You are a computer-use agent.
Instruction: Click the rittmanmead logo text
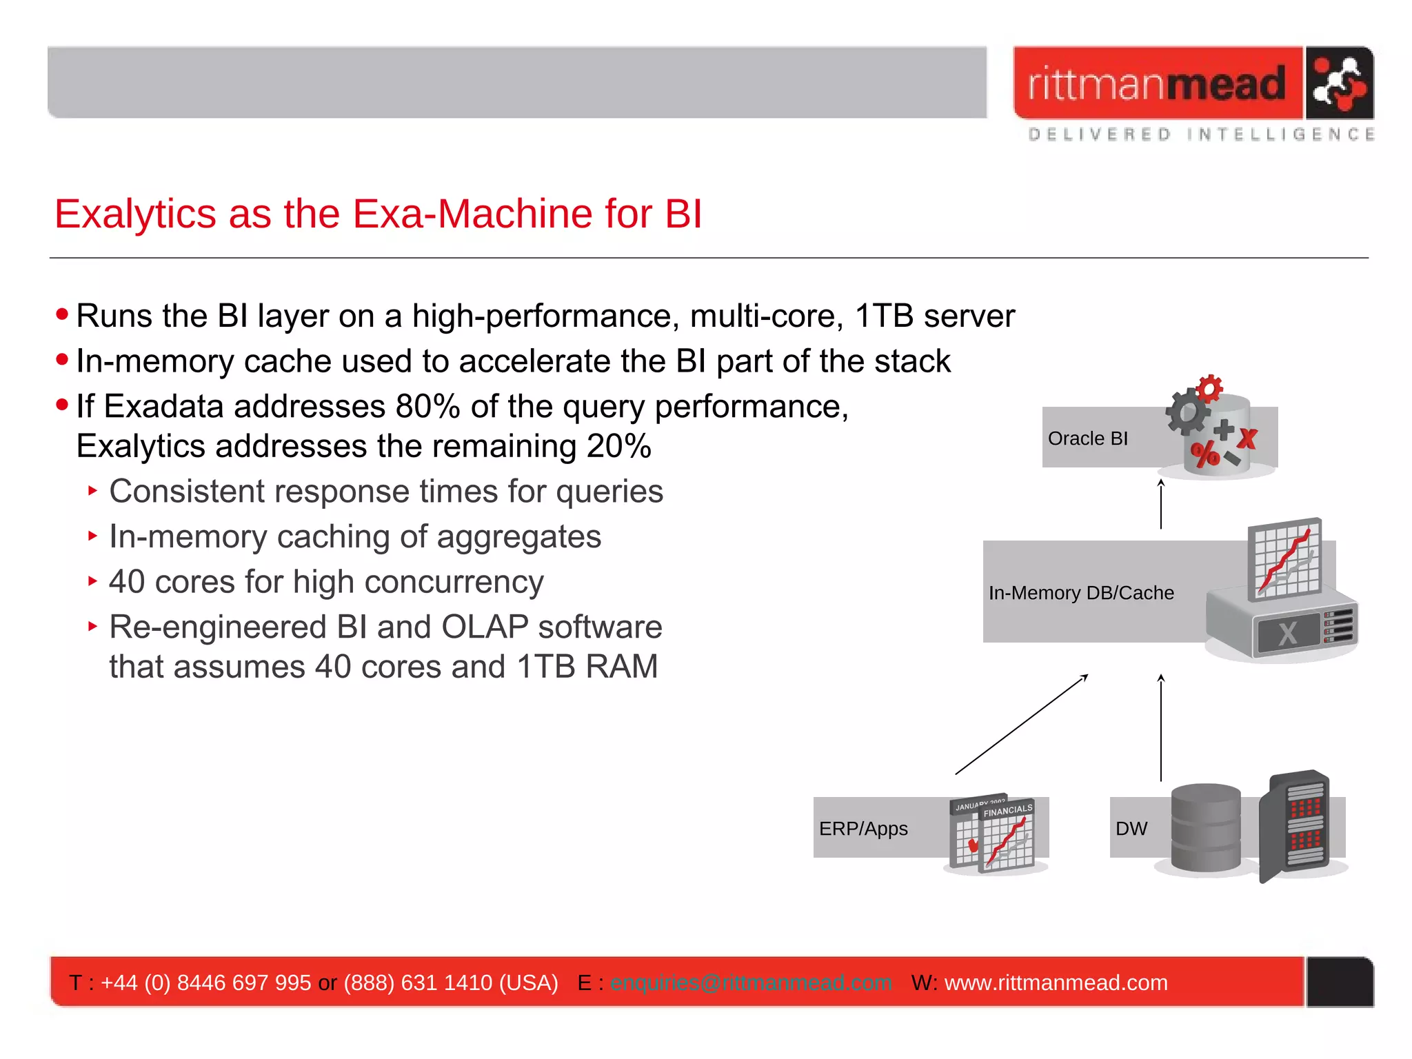(1157, 84)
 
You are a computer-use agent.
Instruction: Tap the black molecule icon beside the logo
(1338, 83)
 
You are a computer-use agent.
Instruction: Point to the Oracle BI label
(1087, 438)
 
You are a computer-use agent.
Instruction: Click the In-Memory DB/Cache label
(1080, 593)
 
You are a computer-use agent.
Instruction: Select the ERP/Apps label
(863, 828)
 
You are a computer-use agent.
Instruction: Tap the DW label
(1131, 828)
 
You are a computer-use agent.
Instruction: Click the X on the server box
(1287, 633)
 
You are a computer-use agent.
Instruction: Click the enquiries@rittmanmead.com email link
(750, 982)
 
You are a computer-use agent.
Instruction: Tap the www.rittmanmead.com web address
(1056, 982)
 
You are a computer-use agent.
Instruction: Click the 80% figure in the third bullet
(427, 407)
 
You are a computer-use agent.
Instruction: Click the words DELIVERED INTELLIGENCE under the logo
(1201, 134)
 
